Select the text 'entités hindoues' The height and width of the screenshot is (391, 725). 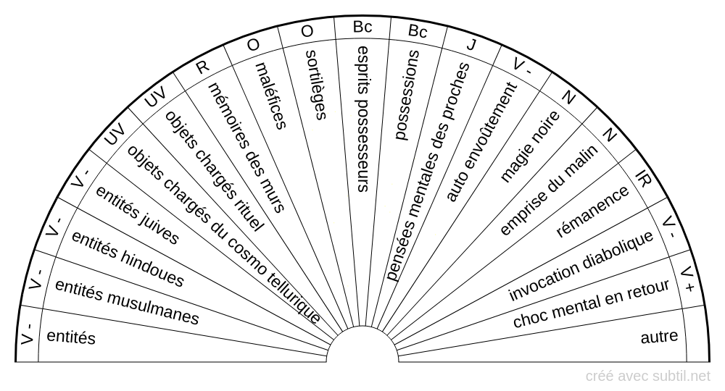[x=128, y=260]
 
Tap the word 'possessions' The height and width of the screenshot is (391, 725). [x=408, y=95]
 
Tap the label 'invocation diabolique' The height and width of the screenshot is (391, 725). [x=581, y=266]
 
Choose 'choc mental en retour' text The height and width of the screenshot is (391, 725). [x=590, y=304]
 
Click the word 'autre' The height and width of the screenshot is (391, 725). [x=659, y=337]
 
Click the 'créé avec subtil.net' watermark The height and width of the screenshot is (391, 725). [x=648, y=376]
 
